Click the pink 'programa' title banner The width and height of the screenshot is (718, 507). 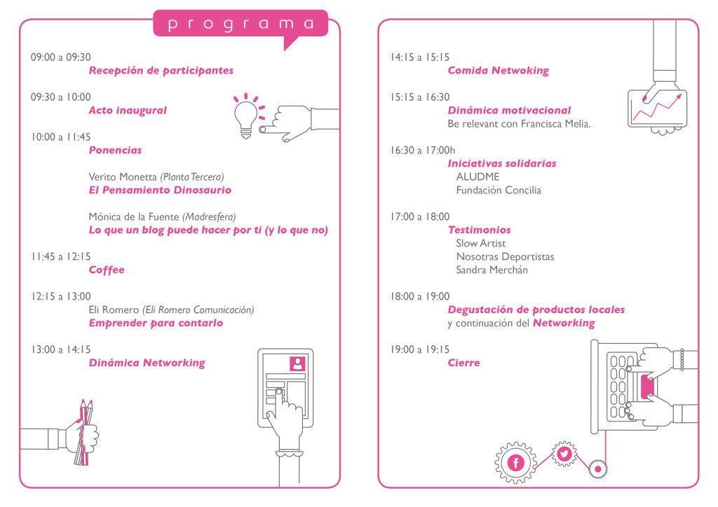[241, 24]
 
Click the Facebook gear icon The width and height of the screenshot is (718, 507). [515, 463]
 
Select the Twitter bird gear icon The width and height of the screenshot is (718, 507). [564, 454]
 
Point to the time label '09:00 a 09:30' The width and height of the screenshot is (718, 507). [61, 57]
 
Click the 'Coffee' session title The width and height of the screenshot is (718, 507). [107, 270]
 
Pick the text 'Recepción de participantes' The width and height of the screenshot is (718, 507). [161, 71]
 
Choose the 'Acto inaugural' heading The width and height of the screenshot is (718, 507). [128, 110]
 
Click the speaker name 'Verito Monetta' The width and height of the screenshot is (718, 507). [123, 177]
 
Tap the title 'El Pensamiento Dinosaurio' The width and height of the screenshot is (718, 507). [161, 190]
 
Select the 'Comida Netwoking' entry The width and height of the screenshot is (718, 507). [499, 71]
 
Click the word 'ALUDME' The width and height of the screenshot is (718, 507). [477, 177]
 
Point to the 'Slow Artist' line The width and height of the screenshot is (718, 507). [481, 243]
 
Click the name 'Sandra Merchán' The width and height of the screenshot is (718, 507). [492, 270]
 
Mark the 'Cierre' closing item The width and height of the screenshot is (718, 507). [464, 363]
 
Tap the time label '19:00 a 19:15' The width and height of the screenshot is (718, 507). [420, 349]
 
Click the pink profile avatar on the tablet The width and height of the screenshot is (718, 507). [297, 363]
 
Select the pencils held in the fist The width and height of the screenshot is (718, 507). [85, 432]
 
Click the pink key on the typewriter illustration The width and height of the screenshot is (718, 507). [647, 387]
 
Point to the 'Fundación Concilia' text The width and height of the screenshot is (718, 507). [499, 190]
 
